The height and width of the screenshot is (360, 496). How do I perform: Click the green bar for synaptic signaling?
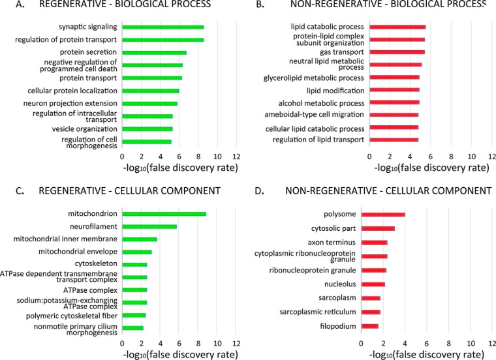click(163, 27)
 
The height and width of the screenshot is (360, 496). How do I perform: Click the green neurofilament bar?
click(149, 227)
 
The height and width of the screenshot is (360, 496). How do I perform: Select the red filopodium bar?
click(369, 325)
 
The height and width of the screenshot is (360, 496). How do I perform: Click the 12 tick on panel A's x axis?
click(236, 157)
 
